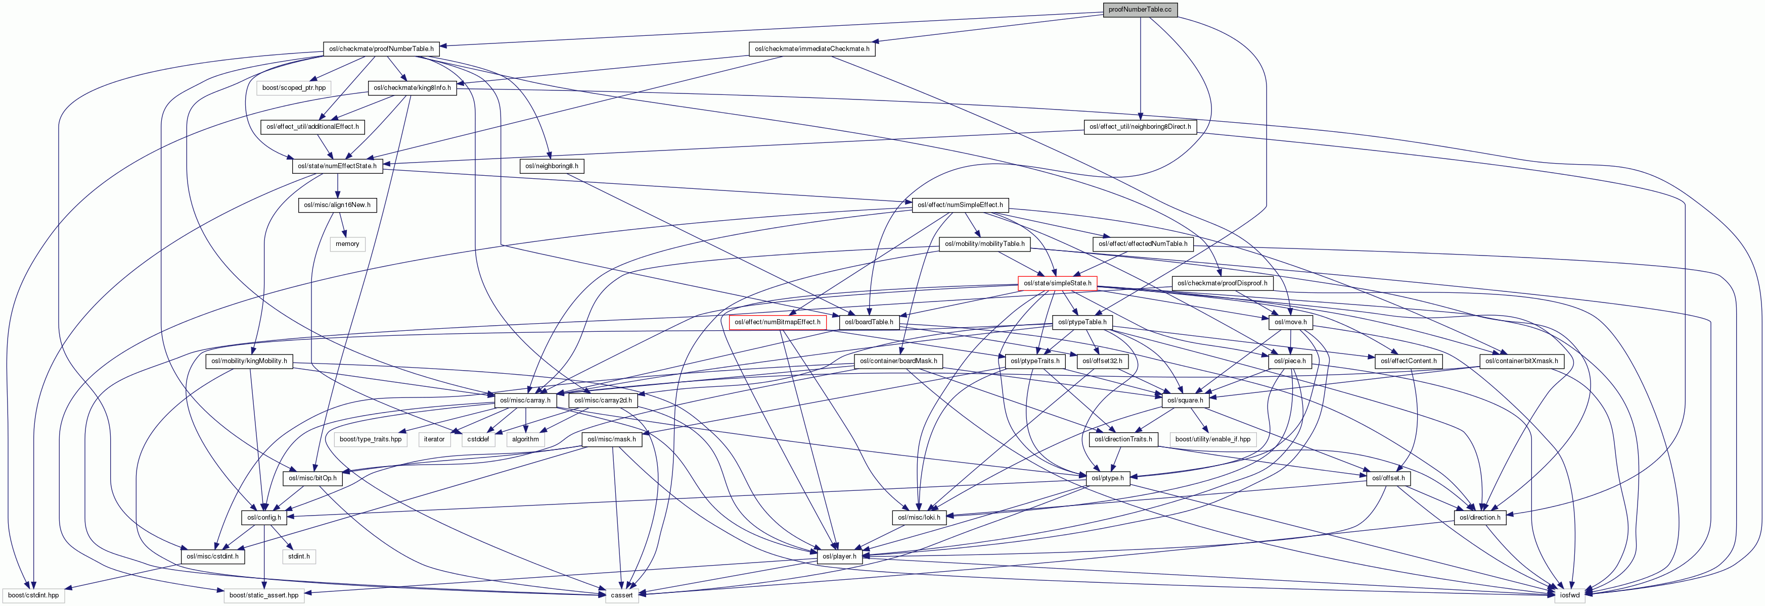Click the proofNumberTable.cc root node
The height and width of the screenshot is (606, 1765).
click(x=1140, y=10)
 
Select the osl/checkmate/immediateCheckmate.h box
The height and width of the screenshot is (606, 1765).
click(x=811, y=48)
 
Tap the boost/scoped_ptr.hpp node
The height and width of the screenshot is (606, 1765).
click(x=294, y=88)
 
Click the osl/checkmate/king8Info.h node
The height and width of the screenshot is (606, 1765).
click(x=412, y=88)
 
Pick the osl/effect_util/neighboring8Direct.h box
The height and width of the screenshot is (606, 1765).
click(x=1140, y=127)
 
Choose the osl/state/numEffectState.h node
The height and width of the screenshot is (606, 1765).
click(x=336, y=166)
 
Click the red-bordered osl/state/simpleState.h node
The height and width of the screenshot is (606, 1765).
click(x=1057, y=283)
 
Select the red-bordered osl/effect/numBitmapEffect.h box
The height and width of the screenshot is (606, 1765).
click(x=777, y=322)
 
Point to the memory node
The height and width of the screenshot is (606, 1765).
click(x=347, y=244)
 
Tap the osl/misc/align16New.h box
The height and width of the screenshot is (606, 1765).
click(x=337, y=205)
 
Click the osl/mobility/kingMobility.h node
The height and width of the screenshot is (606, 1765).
click(x=249, y=361)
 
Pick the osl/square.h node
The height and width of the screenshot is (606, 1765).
click(x=1181, y=400)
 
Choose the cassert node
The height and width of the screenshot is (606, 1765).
click(x=622, y=595)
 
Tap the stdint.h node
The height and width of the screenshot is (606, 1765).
click(x=299, y=556)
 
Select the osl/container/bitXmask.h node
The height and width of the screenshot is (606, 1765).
click(x=1521, y=361)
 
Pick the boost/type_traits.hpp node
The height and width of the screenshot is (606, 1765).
click(x=371, y=439)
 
